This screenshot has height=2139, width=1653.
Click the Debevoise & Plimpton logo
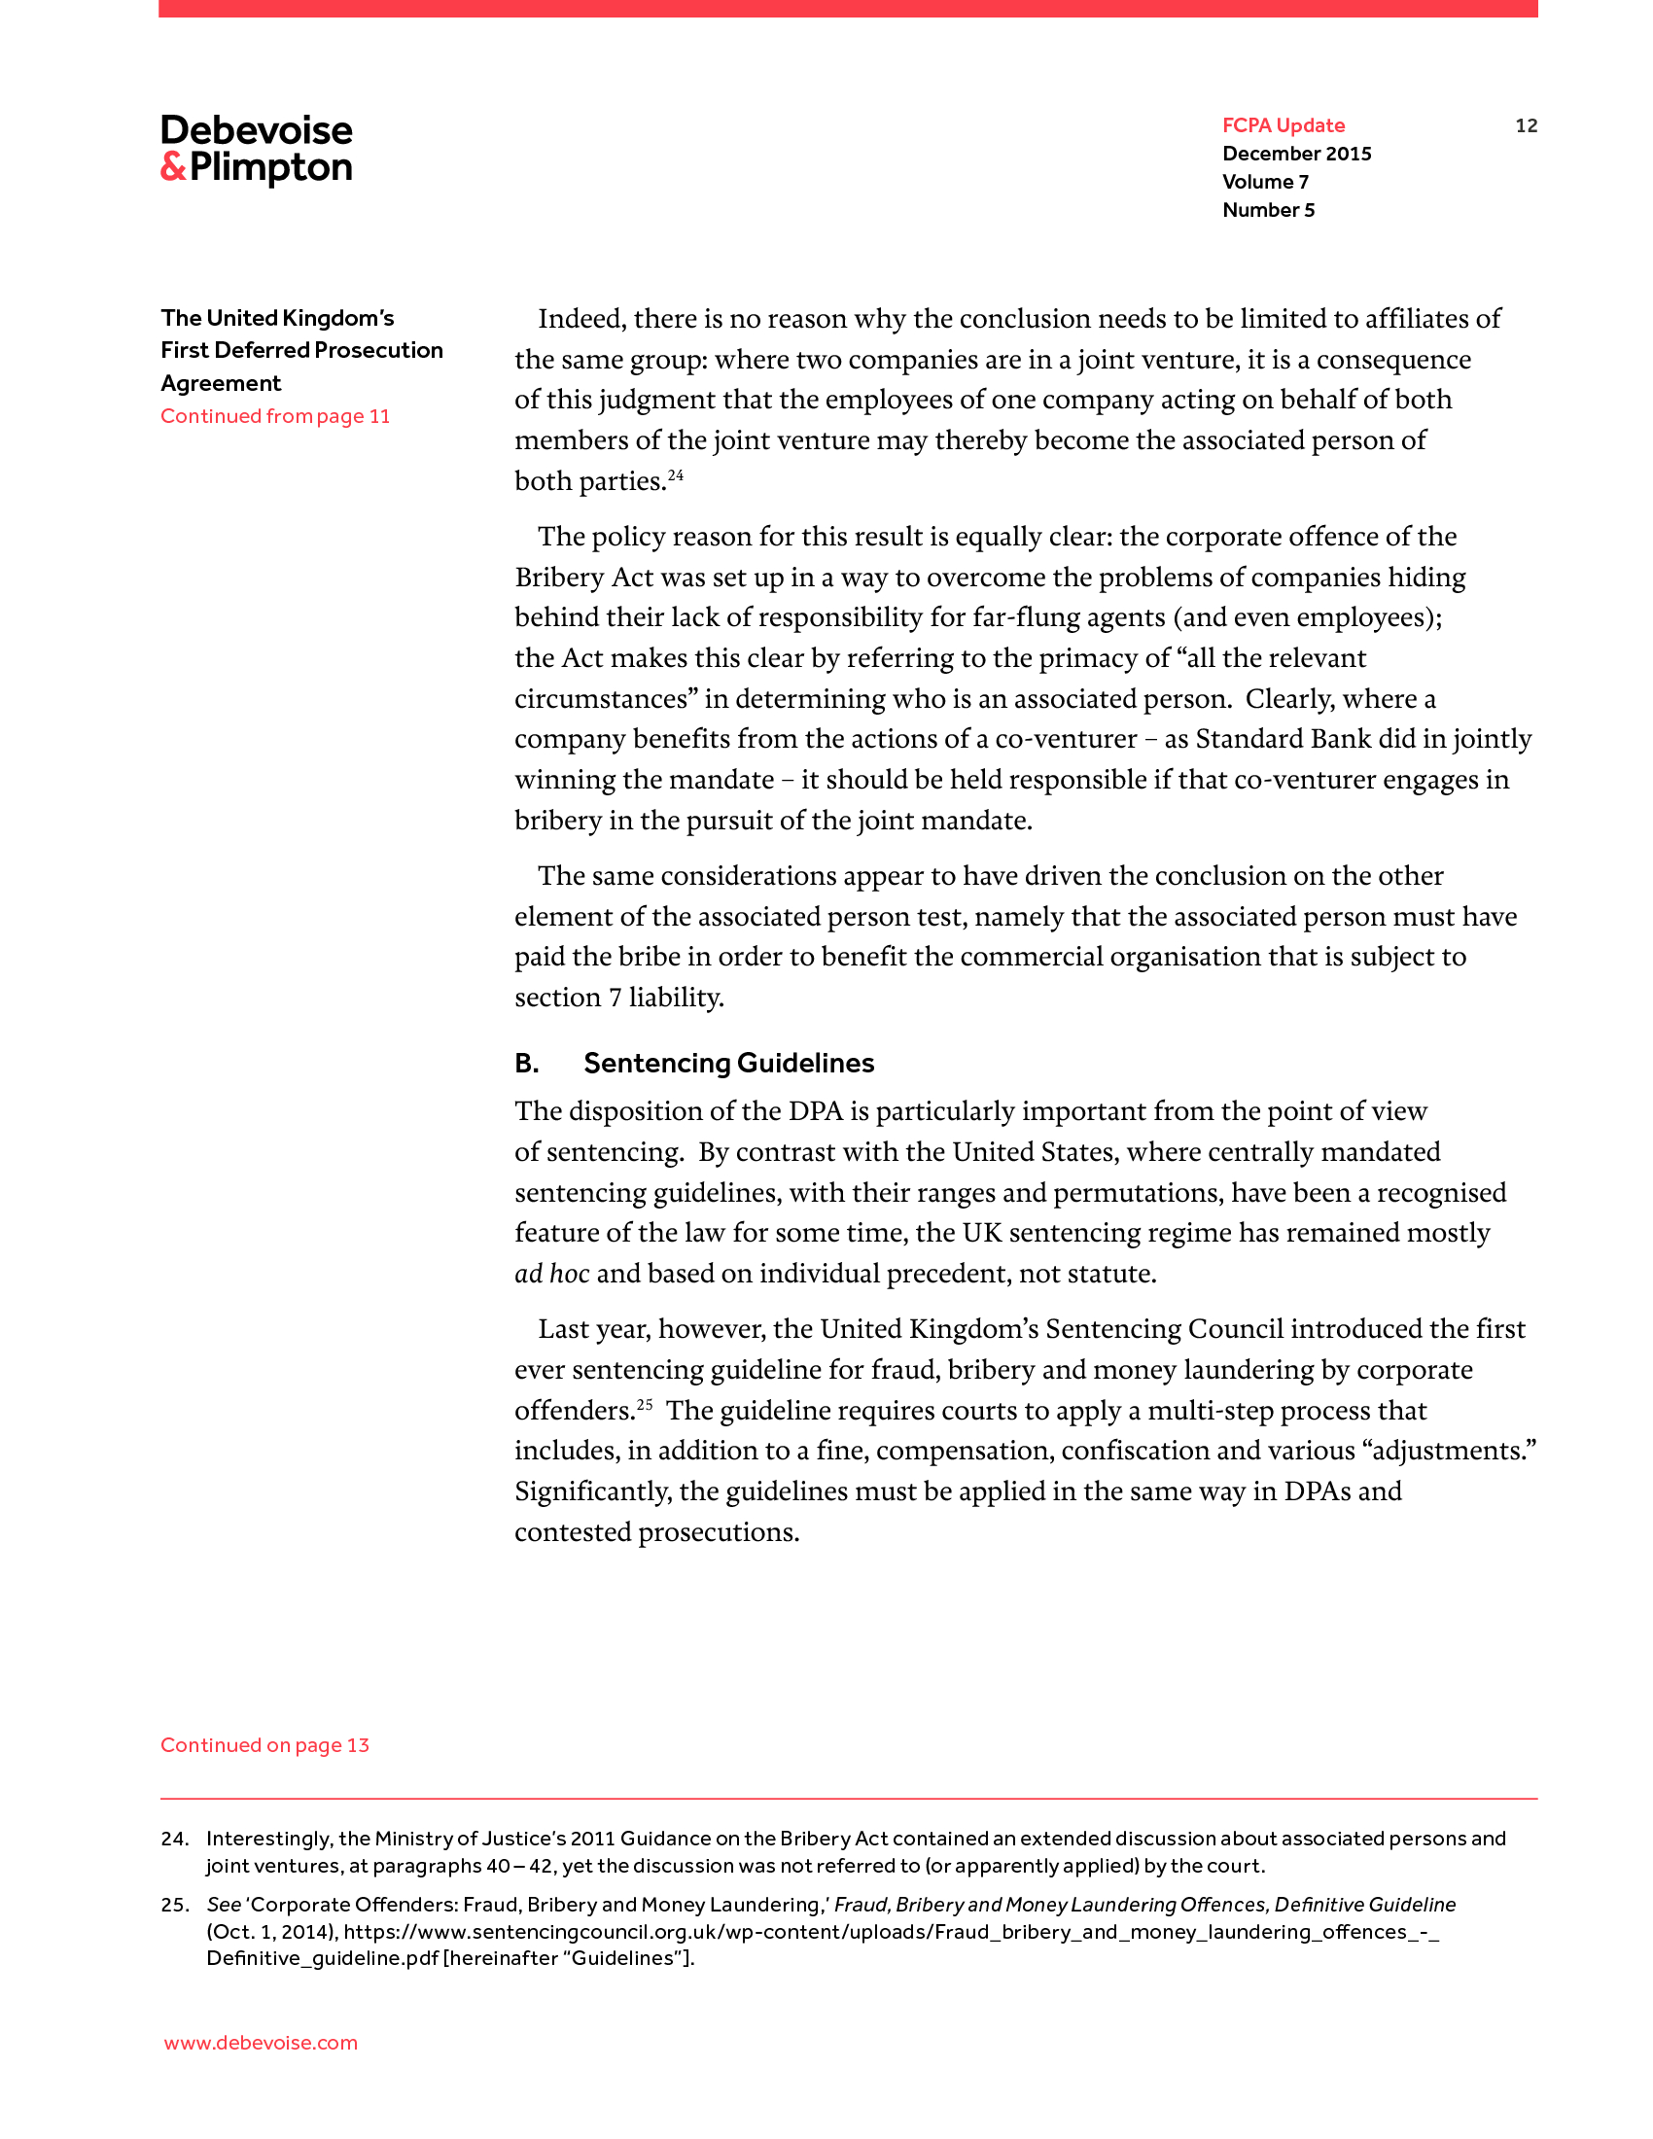[257, 149]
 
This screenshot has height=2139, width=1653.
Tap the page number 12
[1526, 125]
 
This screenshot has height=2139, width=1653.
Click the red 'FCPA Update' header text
[1283, 125]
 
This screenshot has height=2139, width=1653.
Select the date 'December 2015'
[1296, 154]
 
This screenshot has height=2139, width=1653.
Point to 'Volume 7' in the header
[1265, 182]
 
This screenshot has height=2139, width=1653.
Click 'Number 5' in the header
[1268, 211]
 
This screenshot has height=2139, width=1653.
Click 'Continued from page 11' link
[275, 416]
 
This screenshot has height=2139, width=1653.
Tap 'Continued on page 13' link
[264, 1745]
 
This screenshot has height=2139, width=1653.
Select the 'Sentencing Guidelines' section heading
[728, 1064]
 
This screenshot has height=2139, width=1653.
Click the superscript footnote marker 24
[676, 476]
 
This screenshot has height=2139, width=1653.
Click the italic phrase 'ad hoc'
[552, 1275]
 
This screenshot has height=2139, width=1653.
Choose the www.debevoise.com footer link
[261, 2043]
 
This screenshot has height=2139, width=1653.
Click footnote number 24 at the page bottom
[174, 1840]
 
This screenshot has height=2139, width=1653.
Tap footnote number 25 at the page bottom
[174, 1905]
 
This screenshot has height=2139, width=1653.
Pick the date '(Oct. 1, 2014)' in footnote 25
[271, 1932]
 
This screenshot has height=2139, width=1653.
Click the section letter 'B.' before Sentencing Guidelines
[527, 1064]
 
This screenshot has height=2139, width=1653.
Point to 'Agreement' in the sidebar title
[222, 384]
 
